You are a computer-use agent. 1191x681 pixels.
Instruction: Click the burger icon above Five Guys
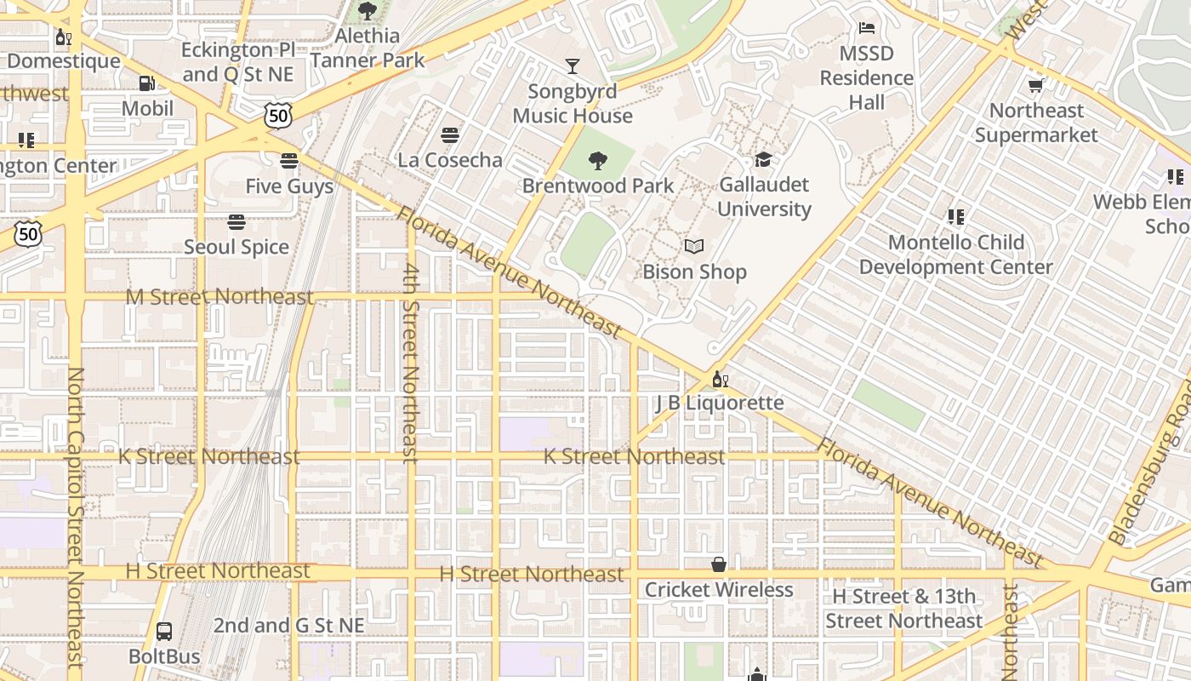pos(289,161)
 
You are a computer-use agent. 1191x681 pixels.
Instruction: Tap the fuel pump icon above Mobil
pos(147,83)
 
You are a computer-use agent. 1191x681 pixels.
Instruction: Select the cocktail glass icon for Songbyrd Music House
pos(573,66)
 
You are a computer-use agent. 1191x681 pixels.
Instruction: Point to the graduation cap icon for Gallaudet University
pos(763,160)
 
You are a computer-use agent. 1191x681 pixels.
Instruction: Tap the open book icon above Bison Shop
pos(694,247)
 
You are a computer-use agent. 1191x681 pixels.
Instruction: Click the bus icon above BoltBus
pos(164,632)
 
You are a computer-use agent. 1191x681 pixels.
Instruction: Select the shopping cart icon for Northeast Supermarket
pos(1036,85)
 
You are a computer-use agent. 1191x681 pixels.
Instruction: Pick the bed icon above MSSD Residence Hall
pos(867,28)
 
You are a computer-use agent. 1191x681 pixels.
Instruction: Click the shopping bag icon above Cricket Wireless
pos(719,564)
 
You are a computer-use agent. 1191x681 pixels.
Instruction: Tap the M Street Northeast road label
pos(219,297)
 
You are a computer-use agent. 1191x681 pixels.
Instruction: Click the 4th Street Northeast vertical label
pos(411,362)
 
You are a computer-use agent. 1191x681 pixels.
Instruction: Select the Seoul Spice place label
pos(236,247)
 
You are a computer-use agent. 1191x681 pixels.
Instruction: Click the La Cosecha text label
pos(450,160)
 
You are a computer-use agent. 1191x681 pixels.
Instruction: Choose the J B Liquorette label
pos(720,403)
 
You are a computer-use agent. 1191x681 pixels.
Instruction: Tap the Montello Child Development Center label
pos(955,255)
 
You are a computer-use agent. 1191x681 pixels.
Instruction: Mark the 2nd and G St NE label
pos(288,626)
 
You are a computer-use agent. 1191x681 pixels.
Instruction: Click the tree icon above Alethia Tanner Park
pos(368,11)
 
